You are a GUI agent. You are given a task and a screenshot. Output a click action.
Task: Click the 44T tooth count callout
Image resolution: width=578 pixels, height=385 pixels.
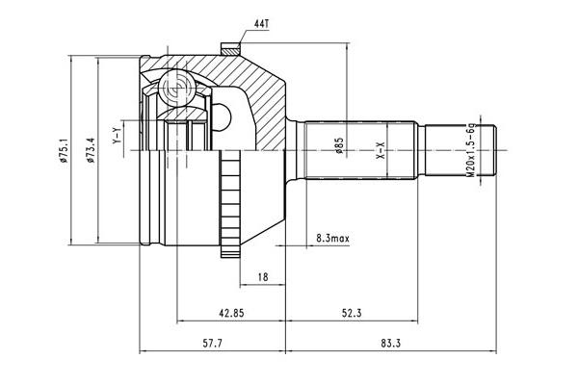point(262,24)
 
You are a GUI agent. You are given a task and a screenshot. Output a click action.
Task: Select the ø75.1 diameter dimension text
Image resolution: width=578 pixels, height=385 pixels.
point(64,150)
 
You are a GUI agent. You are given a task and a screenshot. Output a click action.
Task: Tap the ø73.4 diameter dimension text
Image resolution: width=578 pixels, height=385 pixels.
point(91,150)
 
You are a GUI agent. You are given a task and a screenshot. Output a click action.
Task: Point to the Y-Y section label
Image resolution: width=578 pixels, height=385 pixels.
point(117,135)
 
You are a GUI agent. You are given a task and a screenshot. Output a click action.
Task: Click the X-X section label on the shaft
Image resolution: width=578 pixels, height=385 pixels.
point(381,150)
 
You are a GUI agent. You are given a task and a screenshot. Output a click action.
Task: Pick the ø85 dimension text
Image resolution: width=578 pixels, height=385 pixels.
point(339,145)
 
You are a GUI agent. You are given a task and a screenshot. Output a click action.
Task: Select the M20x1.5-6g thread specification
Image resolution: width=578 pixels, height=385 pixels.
point(470,150)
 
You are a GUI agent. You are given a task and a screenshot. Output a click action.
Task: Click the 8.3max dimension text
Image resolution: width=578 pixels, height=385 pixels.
point(332,239)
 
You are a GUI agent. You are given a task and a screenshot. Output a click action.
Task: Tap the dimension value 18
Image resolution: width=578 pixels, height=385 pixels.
point(263,277)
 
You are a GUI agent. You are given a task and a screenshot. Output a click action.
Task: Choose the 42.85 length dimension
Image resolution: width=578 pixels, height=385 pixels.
point(231,313)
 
